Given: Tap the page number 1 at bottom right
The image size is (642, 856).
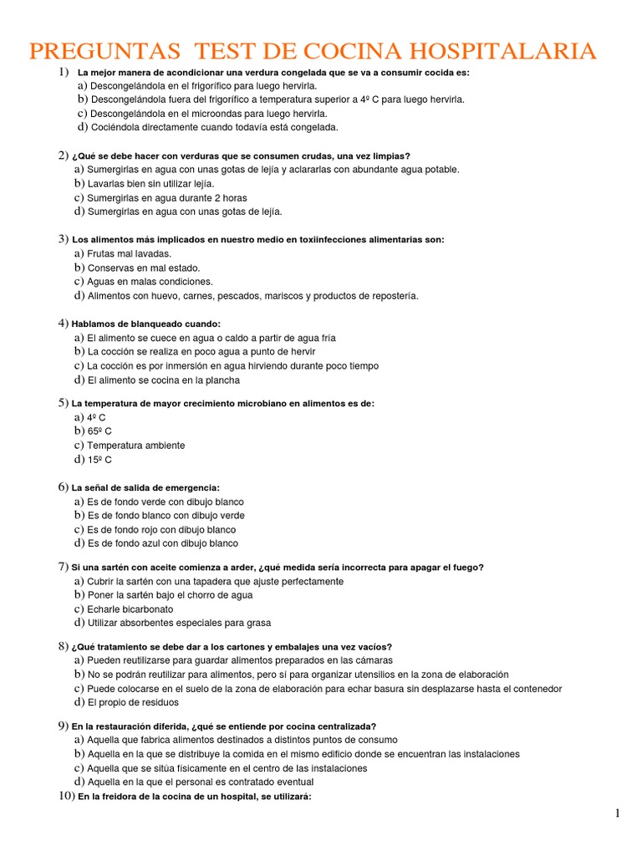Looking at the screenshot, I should [617, 813].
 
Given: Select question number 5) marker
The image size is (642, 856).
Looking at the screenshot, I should [63, 403].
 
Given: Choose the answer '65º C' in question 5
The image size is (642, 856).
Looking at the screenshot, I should [99, 431].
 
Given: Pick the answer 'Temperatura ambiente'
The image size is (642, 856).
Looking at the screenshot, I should [136, 446].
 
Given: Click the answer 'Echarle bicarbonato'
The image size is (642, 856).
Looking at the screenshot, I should [130, 609].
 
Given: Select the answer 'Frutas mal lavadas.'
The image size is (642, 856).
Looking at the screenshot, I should [130, 253].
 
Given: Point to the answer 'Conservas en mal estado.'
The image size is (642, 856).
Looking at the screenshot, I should [144, 268].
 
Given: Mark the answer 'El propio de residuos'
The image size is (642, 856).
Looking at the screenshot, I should [133, 703].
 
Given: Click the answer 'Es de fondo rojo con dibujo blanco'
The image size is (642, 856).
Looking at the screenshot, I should [161, 530].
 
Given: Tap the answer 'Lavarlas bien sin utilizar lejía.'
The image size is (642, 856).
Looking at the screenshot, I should [151, 183].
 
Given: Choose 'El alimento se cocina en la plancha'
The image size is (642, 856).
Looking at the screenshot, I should [163, 380].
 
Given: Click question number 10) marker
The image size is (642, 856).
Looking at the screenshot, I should [66, 797].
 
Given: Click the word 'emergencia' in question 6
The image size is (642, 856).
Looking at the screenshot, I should [195, 487].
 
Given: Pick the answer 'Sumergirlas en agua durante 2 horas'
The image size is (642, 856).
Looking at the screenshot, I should [167, 198].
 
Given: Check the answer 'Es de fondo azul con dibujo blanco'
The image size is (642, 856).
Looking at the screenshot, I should [162, 543].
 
